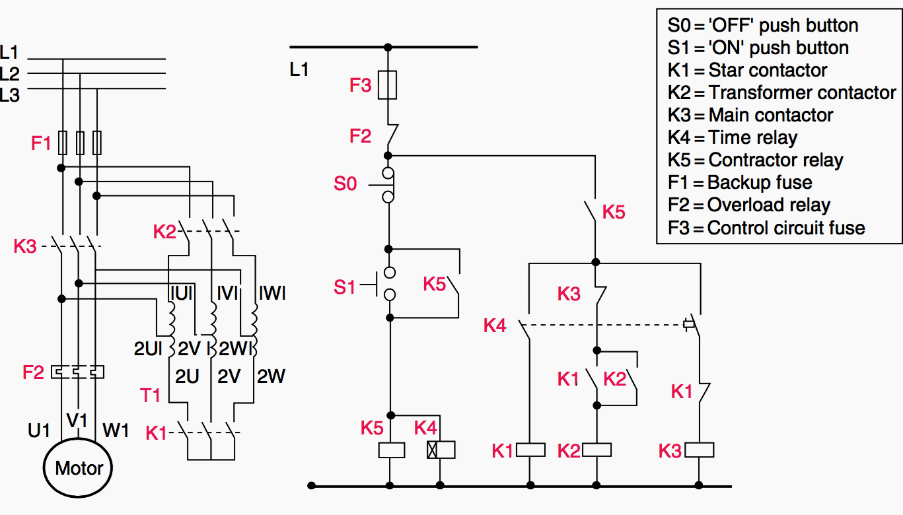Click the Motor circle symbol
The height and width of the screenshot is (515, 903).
(x=79, y=468)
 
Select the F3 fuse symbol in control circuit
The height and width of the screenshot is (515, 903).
(x=388, y=85)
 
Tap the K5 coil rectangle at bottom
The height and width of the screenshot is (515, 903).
(x=390, y=450)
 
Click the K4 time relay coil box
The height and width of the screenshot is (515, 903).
(x=441, y=450)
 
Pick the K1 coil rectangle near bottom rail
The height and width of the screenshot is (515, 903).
(x=530, y=450)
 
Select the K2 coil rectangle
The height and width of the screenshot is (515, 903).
(x=596, y=450)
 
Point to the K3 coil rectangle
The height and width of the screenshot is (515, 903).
(x=700, y=450)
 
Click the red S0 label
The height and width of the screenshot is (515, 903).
(x=345, y=184)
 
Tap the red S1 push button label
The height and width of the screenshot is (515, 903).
(x=344, y=287)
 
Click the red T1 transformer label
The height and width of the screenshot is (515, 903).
(x=151, y=395)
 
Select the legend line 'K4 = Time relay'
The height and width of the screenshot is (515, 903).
(x=733, y=137)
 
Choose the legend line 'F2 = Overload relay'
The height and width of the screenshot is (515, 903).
(x=748, y=205)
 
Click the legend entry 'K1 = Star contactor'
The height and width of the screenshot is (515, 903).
(x=747, y=70)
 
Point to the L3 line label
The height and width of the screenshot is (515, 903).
(x=10, y=95)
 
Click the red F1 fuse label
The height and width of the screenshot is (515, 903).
(x=41, y=143)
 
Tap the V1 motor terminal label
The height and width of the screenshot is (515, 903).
(x=77, y=421)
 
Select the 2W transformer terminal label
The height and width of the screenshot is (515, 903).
(x=271, y=376)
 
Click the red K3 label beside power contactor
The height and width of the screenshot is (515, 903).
(x=25, y=247)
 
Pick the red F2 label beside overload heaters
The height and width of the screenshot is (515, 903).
(x=33, y=372)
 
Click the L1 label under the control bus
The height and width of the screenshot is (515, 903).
(x=299, y=69)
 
